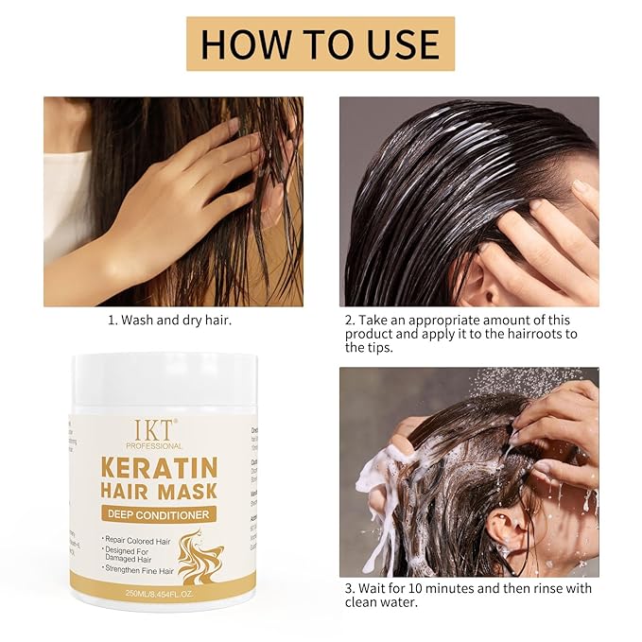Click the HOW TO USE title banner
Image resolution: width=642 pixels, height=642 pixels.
pos(321,43)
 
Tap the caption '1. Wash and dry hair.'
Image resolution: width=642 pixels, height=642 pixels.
pos(169,321)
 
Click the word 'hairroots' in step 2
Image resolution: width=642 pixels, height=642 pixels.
pos(526,334)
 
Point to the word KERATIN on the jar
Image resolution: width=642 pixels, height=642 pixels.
pos(157,467)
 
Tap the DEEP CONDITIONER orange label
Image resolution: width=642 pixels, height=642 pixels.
pos(157,514)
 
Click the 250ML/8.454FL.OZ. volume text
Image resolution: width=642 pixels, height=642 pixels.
pos(157,593)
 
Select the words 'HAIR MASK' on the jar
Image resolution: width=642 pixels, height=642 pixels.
pos(157,491)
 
